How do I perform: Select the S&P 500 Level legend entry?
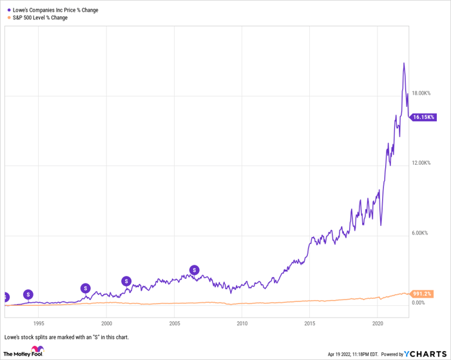tap(40, 18)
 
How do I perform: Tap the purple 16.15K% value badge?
tap(424, 117)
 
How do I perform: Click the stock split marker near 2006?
tap(194, 270)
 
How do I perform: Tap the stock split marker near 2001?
tap(127, 281)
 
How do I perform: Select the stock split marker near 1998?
tap(86, 288)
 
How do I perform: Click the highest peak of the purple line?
tap(404, 63)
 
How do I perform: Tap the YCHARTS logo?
tap(425, 354)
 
